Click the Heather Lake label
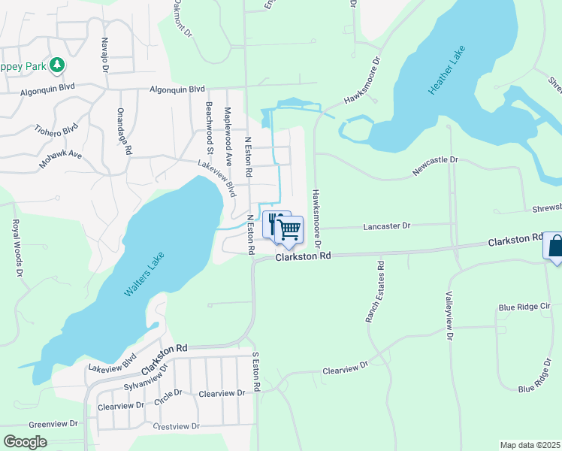pyautogui.click(x=447, y=71)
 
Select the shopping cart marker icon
pyautogui.click(x=290, y=230)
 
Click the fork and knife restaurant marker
pyautogui.click(x=275, y=223)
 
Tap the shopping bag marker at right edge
pyautogui.click(x=555, y=247)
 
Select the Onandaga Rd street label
pyautogui.click(x=124, y=131)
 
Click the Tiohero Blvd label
pyautogui.click(x=56, y=130)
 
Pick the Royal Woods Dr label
pyautogui.click(x=16, y=248)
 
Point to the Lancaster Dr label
pyautogui.click(x=387, y=225)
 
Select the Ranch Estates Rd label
pyautogui.click(x=376, y=292)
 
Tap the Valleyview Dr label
pyautogui.click(x=449, y=316)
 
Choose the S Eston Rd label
pyautogui.click(x=257, y=372)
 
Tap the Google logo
pyautogui.click(x=25, y=442)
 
